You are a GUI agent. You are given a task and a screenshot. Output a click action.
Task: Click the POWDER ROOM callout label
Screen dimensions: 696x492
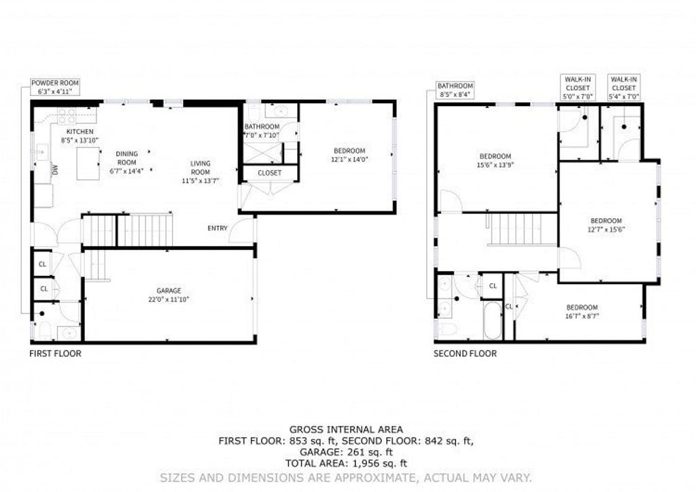coord(55,87)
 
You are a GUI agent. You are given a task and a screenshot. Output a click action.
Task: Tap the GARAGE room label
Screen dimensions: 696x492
coord(169,291)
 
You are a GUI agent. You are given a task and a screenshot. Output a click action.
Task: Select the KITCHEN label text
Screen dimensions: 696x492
coord(80,132)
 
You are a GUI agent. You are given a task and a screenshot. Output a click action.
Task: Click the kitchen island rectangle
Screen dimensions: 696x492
coord(88,164)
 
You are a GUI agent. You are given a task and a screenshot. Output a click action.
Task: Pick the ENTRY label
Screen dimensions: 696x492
coord(217,228)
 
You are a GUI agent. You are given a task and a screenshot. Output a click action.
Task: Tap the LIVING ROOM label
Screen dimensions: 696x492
coord(201,168)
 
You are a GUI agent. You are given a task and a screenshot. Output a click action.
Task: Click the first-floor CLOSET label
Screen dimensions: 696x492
coord(269,173)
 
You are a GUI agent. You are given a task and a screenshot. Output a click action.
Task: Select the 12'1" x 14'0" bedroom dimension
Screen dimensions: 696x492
coord(350,159)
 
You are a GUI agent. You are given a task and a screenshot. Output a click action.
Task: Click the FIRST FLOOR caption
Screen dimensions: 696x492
coord(56,353)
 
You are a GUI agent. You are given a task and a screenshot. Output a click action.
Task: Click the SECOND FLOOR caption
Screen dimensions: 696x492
coord(465,353)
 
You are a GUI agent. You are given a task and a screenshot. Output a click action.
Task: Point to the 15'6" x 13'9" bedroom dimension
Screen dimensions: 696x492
coord(495,165)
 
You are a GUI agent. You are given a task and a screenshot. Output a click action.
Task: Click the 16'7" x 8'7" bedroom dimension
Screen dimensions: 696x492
coord(582,316)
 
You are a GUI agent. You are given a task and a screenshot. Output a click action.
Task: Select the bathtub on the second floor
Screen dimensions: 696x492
coord(492,320)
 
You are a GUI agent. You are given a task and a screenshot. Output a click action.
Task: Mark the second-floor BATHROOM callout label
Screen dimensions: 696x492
coord(455,90)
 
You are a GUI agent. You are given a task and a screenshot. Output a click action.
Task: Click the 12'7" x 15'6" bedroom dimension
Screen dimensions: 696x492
coord(606,230)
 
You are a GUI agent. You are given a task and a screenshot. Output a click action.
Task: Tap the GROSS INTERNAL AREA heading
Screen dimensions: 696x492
coord(346,429)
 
